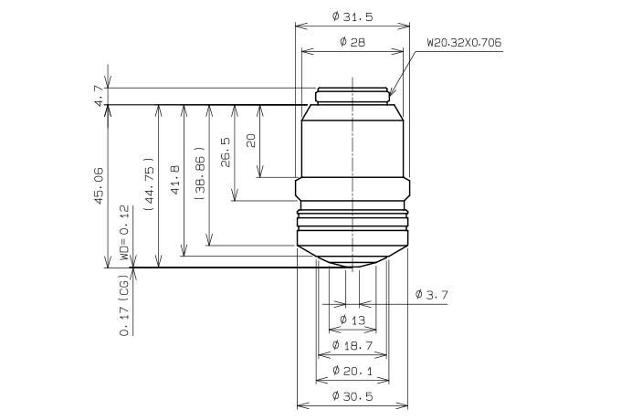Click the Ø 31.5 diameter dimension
point(353,16)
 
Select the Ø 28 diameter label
point(353,42)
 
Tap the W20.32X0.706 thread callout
point(464,42)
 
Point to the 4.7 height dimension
point(99,95)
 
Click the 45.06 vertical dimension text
point(99,185)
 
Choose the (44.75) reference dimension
point(150,184)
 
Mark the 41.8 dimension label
point(174,180)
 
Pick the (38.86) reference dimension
point(200,173)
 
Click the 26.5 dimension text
point(226,152)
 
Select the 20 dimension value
point(251,141)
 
